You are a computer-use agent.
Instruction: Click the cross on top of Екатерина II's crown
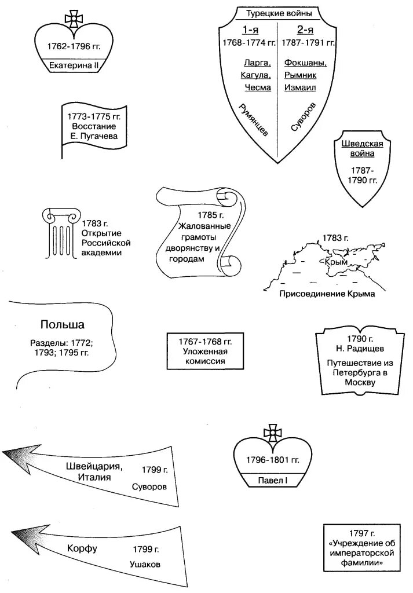[x=74, y=19]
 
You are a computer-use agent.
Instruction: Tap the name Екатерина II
[x=74, y=65]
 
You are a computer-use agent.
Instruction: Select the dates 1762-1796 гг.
[x=74, y=46]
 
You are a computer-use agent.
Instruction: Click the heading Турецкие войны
[x=279, y=13]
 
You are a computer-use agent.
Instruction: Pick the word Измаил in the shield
[x=299, y=87]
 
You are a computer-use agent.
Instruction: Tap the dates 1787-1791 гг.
[x=307, y=43]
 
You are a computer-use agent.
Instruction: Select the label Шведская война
[x=362, y=149]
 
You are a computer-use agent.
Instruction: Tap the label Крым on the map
[x=336, y=262]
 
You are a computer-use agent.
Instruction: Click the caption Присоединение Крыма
[x=327, y=294]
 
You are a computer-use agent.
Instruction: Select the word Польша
[x=63, y=324]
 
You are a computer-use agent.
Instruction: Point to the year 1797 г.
[x=362, y=533]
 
